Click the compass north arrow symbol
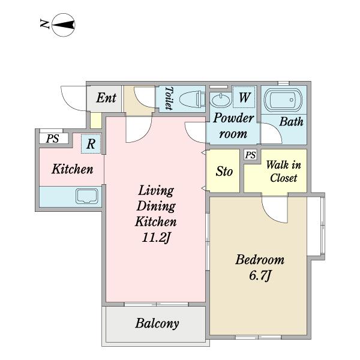click(x=64, y=25)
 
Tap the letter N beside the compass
click(x=44, y=24)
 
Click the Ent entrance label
click(x=106, y=98)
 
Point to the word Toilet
click(x=169, y=98)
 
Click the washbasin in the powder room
click(x=221, y=100)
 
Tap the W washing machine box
click(x=244, y=97)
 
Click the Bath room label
click(x=291, y=121)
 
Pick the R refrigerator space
click(x=91, y=144)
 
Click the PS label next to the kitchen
click(x=53, y=139)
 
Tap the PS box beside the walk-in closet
click(x=250, y=155)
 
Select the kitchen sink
click(x=87, y=196)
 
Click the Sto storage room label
click(x=224, y=172)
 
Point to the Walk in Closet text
click(x=284, y=172)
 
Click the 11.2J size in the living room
click(x=156, y=237)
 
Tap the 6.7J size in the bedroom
click(x=260, y=275)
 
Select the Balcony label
click(x=157, y=323)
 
